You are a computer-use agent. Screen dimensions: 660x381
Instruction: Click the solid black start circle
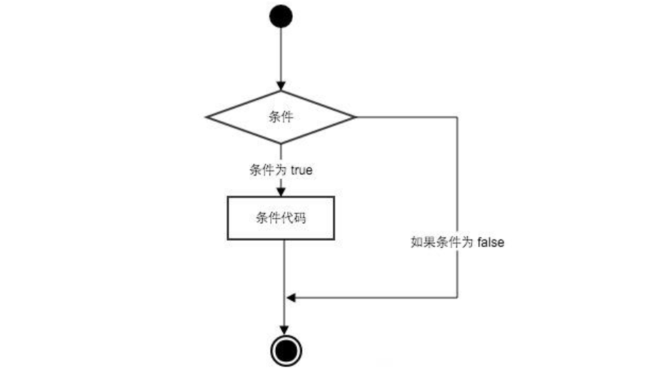click(281, 16)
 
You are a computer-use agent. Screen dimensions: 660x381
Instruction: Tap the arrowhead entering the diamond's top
click(281, 85)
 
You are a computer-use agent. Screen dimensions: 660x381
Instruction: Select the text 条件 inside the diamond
click(281, 118)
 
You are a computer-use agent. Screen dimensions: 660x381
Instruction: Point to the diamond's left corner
click(206, 117)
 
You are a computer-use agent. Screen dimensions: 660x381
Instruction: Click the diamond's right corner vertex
click(354, 117)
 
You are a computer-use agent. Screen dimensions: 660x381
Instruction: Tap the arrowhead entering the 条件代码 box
click(281, 191)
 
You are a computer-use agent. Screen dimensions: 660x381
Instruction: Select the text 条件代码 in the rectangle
click(281, 218)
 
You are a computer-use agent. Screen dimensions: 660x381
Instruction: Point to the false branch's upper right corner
click(458, 117)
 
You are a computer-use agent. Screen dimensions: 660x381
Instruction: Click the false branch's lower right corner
click(458, 298)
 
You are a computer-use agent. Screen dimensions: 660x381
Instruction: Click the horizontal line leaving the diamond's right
click(407, 117)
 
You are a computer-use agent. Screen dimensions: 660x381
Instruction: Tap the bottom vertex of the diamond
click(281, 144)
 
